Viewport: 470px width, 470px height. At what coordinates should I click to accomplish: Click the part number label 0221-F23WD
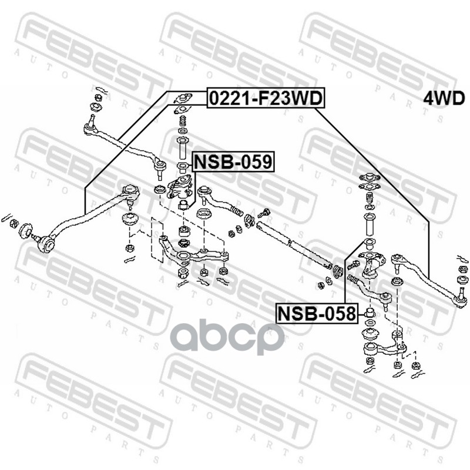pos(265,99)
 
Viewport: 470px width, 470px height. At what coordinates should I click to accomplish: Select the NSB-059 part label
pos(233,160)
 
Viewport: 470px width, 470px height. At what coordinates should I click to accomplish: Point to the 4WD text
pos(444,98)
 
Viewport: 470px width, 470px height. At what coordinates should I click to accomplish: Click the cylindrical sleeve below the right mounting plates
pos(369,225)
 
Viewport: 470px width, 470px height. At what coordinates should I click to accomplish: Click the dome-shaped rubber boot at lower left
pos(129,223)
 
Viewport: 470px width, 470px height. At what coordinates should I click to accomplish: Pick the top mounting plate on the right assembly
pos(368,177)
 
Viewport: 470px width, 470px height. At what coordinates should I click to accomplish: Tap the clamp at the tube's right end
pos(338,271)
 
